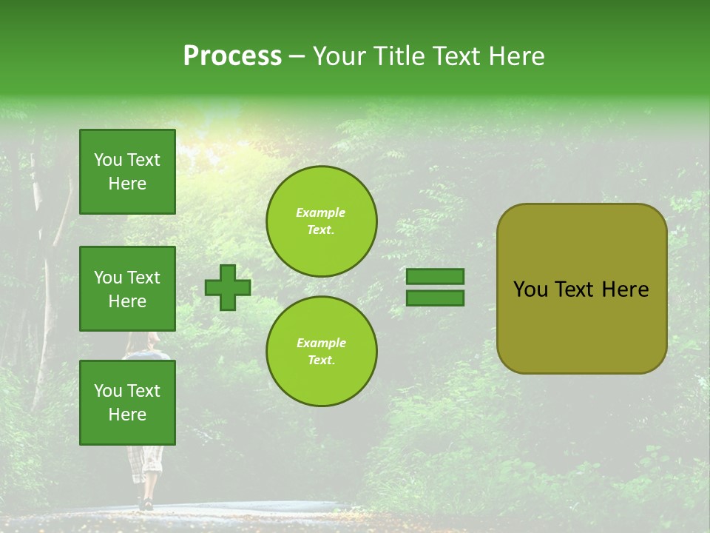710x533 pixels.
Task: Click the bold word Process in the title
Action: [x=232, y=56]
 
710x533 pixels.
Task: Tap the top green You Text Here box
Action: [x=127, y=172]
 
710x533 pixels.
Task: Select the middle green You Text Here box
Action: [x=127, y=289]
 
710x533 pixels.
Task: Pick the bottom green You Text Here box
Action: [x=127, y=403]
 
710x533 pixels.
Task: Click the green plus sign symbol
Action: [x=228, y=287]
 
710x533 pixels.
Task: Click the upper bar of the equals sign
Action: [x=436, y=276]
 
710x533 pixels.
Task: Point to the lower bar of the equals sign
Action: [x=436, y=298]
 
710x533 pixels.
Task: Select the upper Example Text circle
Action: [x=321, y=221]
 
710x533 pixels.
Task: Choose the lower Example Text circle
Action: [x=321, y=352]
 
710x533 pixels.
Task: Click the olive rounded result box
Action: [x=581, y=288]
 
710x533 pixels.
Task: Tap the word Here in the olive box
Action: [x=625, y=289]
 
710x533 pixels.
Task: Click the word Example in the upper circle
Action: [x=321, y=212]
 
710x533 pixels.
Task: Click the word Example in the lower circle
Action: [x=321, y=343]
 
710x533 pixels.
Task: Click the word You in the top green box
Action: [x=108, y=160]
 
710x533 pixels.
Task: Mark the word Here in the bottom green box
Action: [x=127, y=415]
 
